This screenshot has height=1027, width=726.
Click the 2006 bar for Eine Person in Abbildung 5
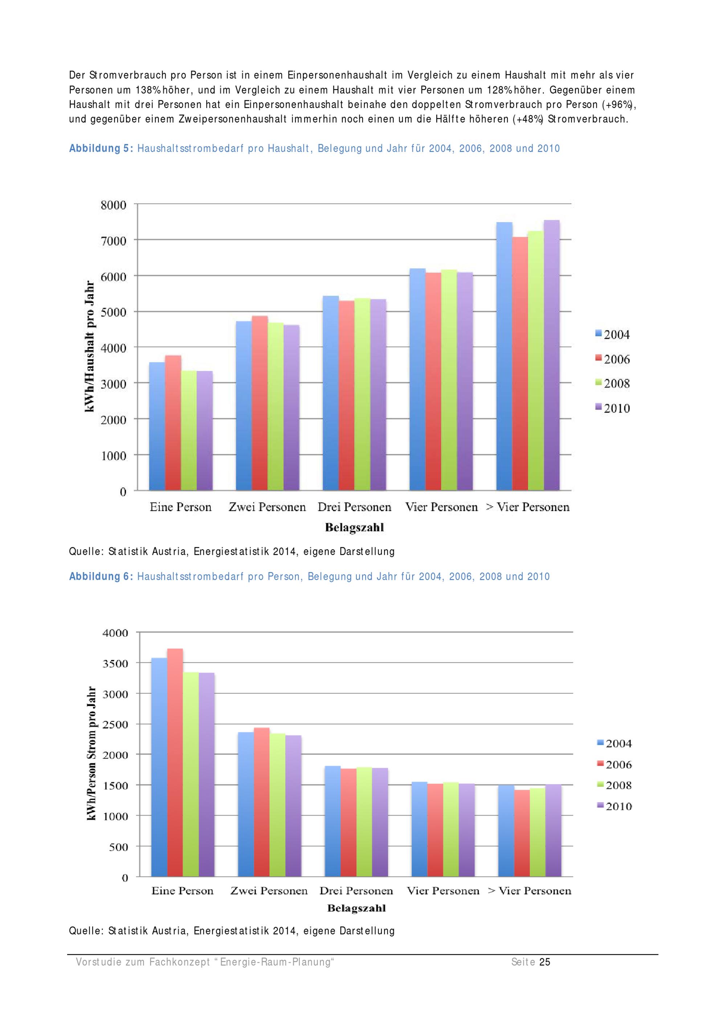click(173, 423)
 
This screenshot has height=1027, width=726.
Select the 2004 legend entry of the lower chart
click(614, 743)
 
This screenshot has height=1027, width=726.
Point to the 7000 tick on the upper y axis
click(114, 241)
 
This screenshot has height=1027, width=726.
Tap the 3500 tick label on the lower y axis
click(116, 663)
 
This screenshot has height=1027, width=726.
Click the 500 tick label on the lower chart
click(118, 847)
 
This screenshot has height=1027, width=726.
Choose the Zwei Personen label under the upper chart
click(267, 507)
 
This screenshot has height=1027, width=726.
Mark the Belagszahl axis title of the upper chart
click(354, 527)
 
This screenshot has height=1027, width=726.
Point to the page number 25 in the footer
click(545, 962)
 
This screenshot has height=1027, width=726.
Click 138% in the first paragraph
click(145, 90)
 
